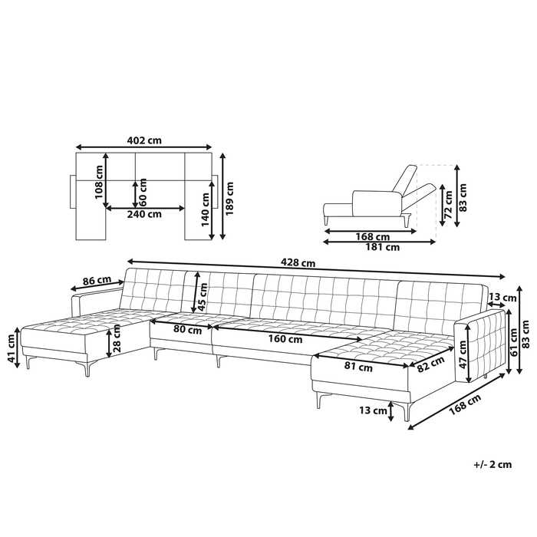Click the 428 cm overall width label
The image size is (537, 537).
tap(298, 262)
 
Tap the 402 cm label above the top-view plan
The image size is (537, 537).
tap(144, 140)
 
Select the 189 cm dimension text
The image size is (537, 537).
tap(229, 198)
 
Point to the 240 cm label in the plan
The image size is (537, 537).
tap(144, 214)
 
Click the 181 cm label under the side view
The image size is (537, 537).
tap(383, 247)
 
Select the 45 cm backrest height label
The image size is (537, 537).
tap(203, 297)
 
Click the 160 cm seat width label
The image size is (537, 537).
tap(285, 339)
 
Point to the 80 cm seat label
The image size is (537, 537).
tap(187, 329)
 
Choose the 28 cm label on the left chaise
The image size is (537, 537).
tap(117, 339)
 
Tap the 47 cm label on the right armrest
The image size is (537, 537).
tap(463, 354)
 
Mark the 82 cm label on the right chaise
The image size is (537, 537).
tap(431, 364)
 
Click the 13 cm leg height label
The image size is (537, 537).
tap(373, 410)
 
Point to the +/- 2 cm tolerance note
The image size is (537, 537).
tap(493, 464)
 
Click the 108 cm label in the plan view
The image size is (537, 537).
tap(99, 182)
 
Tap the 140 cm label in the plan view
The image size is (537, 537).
tap(205, 209)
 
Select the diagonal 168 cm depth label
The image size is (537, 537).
tap(465, 404)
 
